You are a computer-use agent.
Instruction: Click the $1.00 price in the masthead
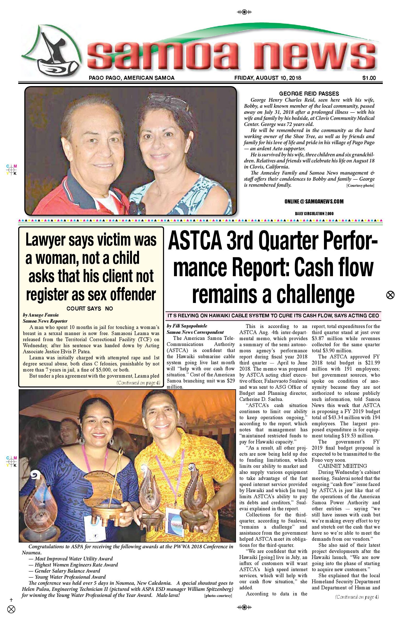point(369,78)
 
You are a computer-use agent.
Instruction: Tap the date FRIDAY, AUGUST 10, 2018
point(268,78)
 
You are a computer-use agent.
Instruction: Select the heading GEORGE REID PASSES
point(309,94)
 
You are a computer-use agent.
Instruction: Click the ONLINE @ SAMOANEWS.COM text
point(314,201)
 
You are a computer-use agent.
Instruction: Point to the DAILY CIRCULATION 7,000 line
point(314,214)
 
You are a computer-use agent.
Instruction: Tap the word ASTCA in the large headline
point(195,241)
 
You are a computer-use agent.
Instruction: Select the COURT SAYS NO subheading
point(90,309)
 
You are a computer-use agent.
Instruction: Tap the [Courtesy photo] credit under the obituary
point(360,186)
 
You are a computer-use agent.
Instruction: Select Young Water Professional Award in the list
point(70,577)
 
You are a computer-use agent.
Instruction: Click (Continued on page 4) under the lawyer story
point(138,383)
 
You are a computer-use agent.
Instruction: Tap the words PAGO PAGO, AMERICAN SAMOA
point(131,78)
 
